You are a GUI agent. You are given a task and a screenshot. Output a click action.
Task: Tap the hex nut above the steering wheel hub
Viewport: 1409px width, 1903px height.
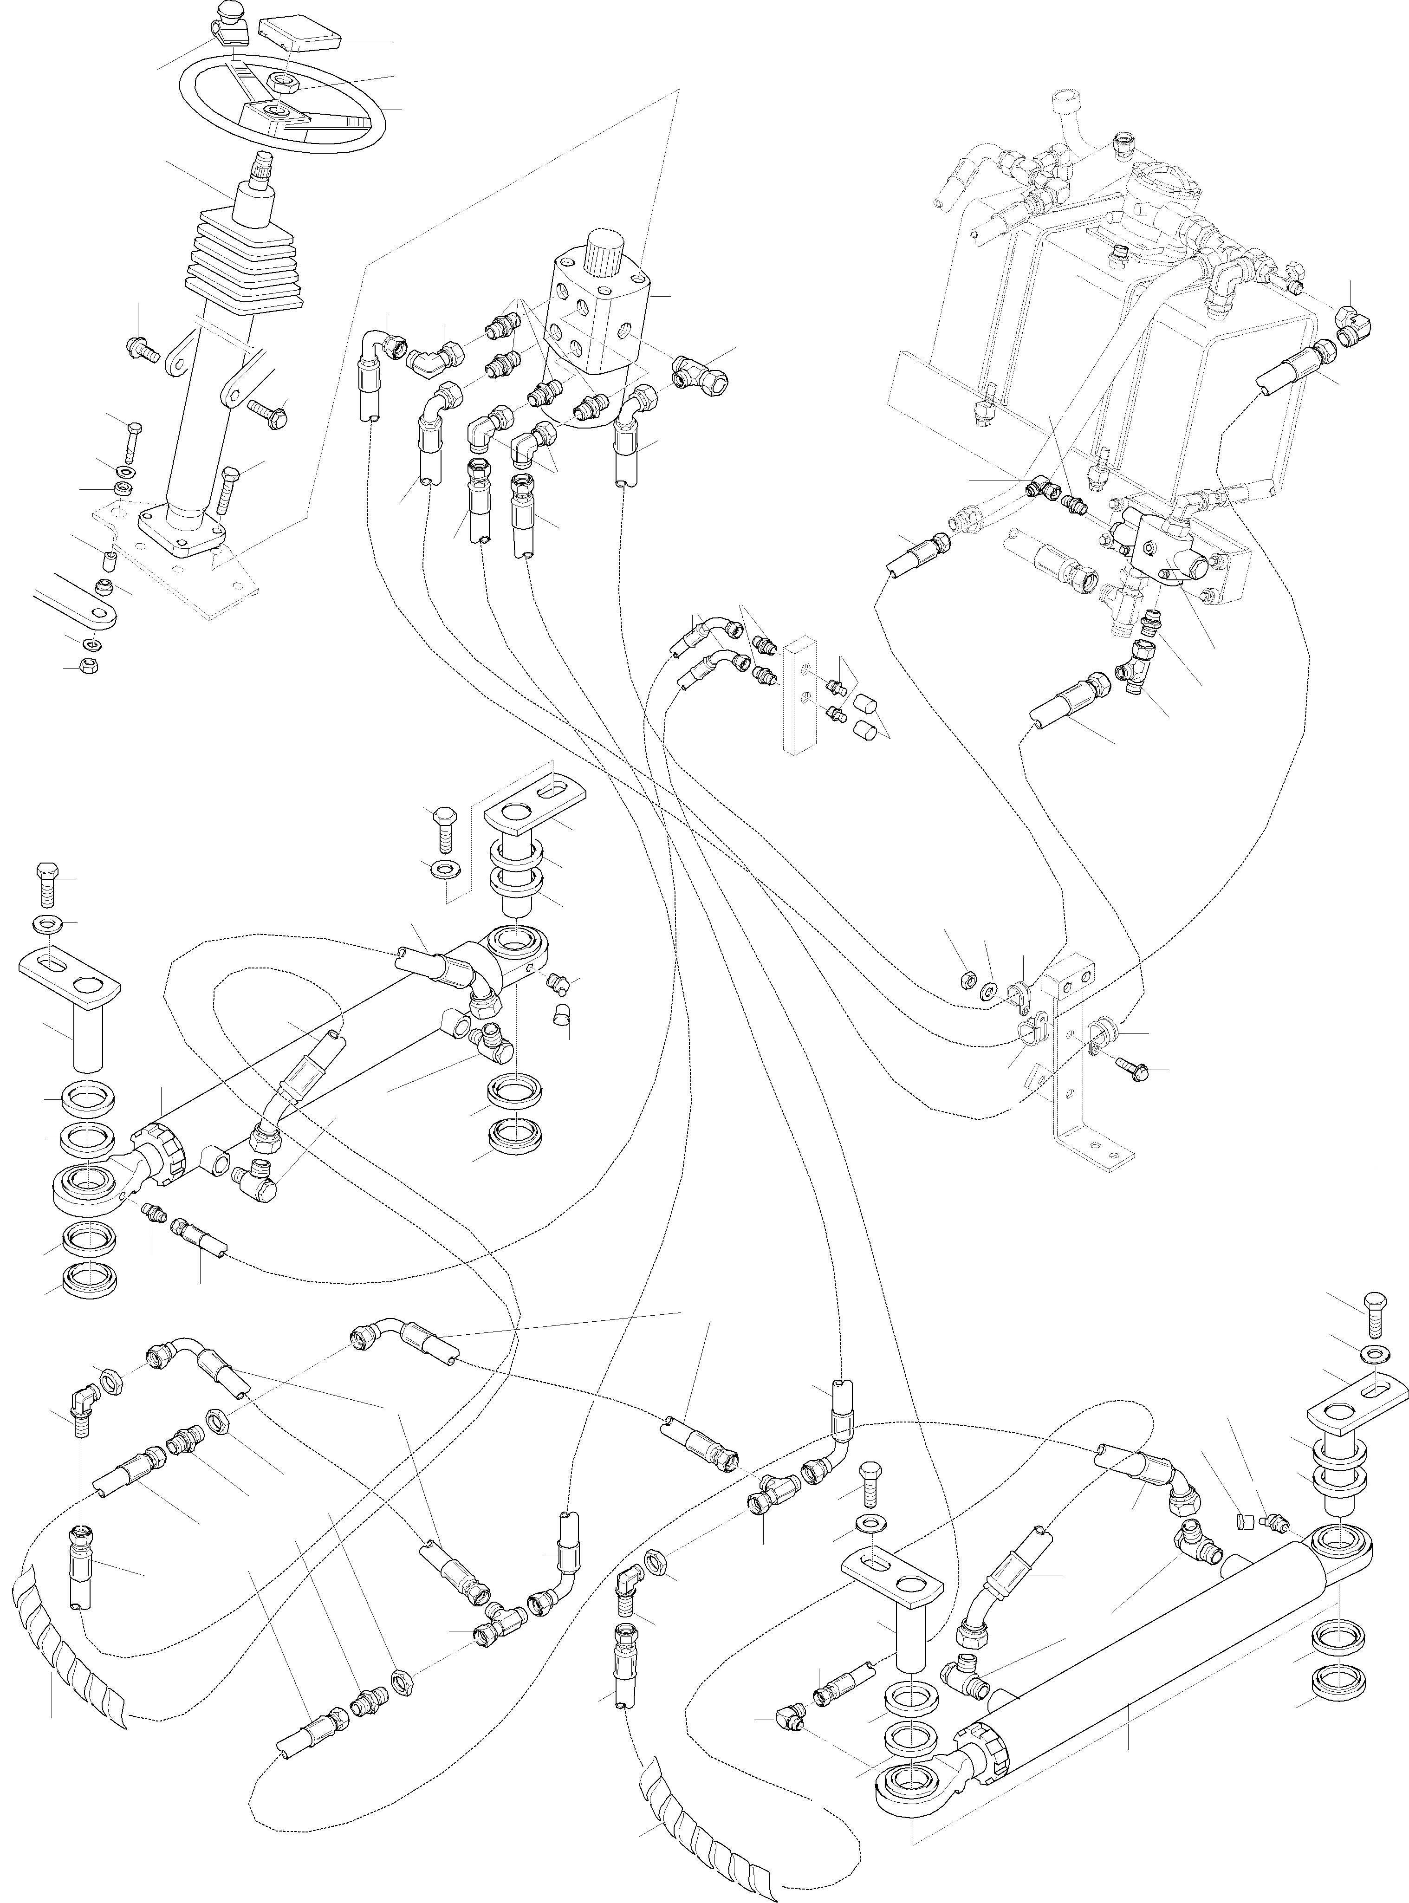click(280, 83)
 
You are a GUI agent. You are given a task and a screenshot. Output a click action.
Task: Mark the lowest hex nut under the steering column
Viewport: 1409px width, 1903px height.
click(86, 667)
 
